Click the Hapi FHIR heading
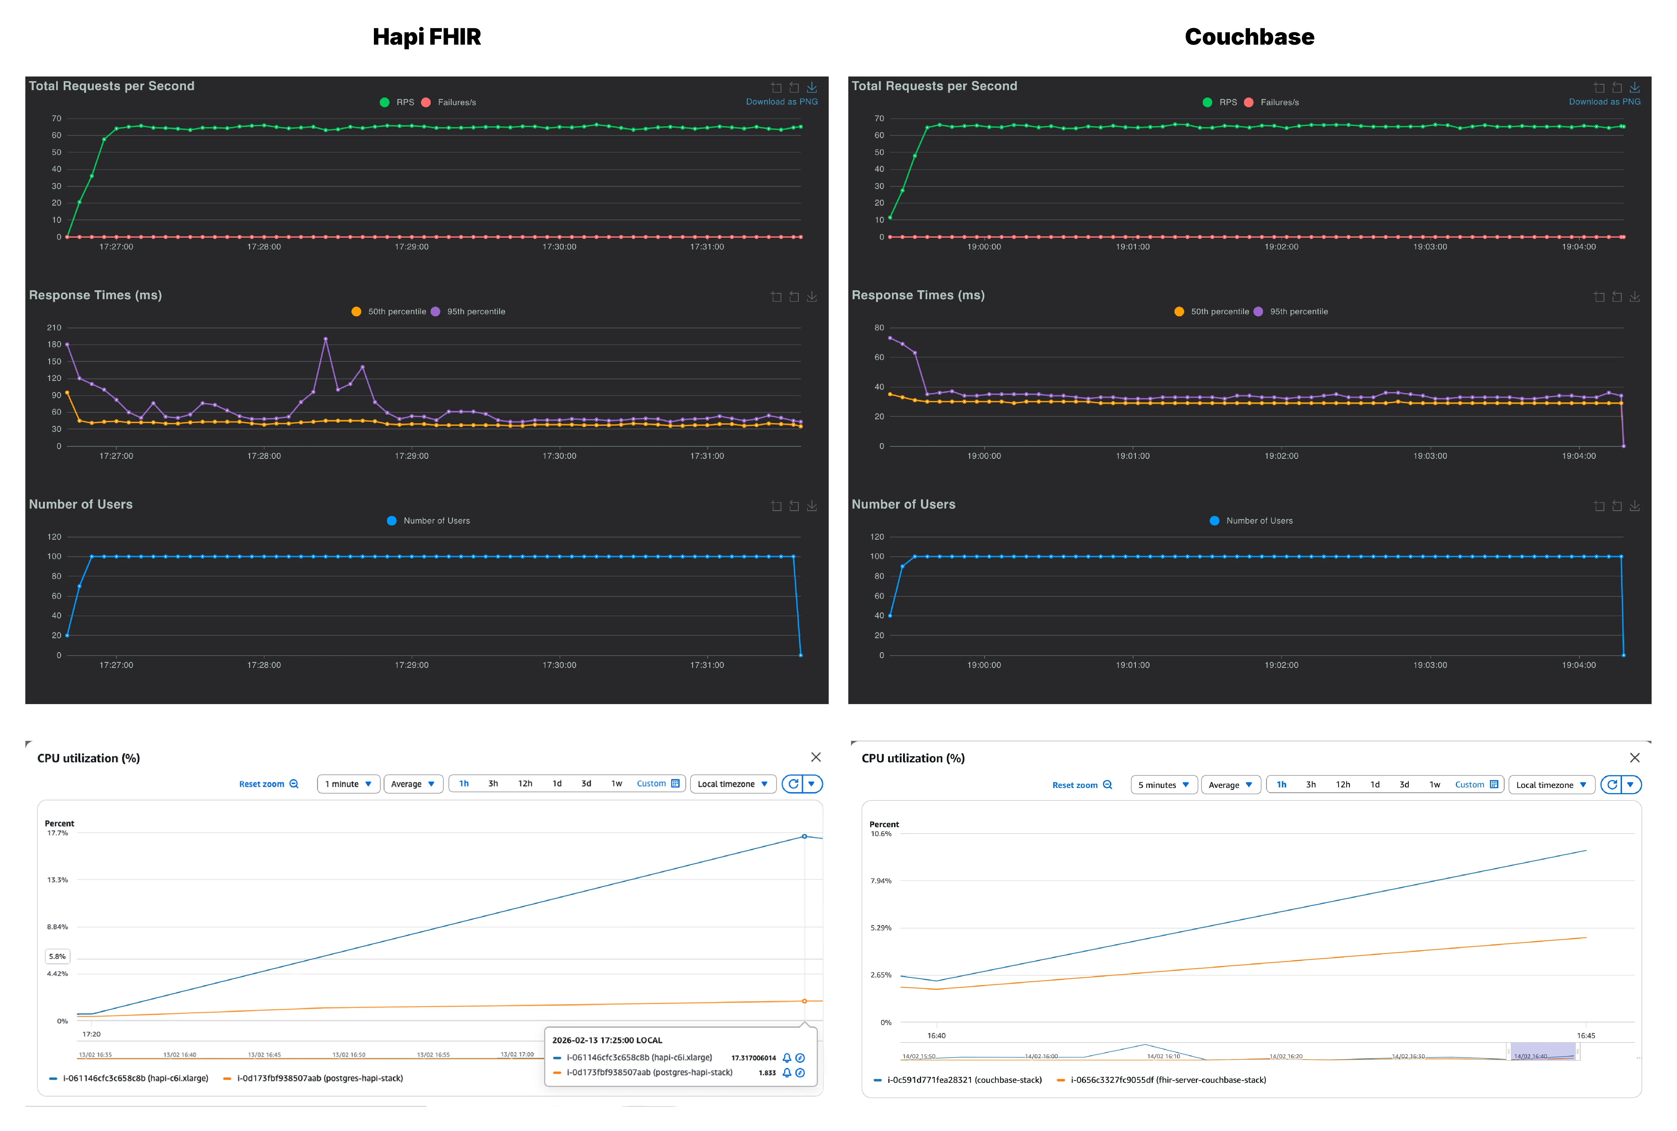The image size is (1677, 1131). [426, 37]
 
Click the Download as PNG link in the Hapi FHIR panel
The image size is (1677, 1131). [781, 102]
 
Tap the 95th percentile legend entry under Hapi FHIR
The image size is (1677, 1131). [475, 311]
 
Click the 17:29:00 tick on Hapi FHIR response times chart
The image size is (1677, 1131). [411, 456]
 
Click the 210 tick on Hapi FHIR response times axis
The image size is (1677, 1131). [54, 328]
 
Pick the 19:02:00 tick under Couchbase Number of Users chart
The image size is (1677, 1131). [1281, 665]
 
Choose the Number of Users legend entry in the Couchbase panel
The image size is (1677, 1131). [1259, 521]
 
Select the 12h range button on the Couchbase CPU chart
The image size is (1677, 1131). [1342, 785]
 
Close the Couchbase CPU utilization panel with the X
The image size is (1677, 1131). [1635, 757]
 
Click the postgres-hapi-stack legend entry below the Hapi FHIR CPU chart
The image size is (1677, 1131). [319, 1078]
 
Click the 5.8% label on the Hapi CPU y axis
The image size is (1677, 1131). [57, 956]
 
